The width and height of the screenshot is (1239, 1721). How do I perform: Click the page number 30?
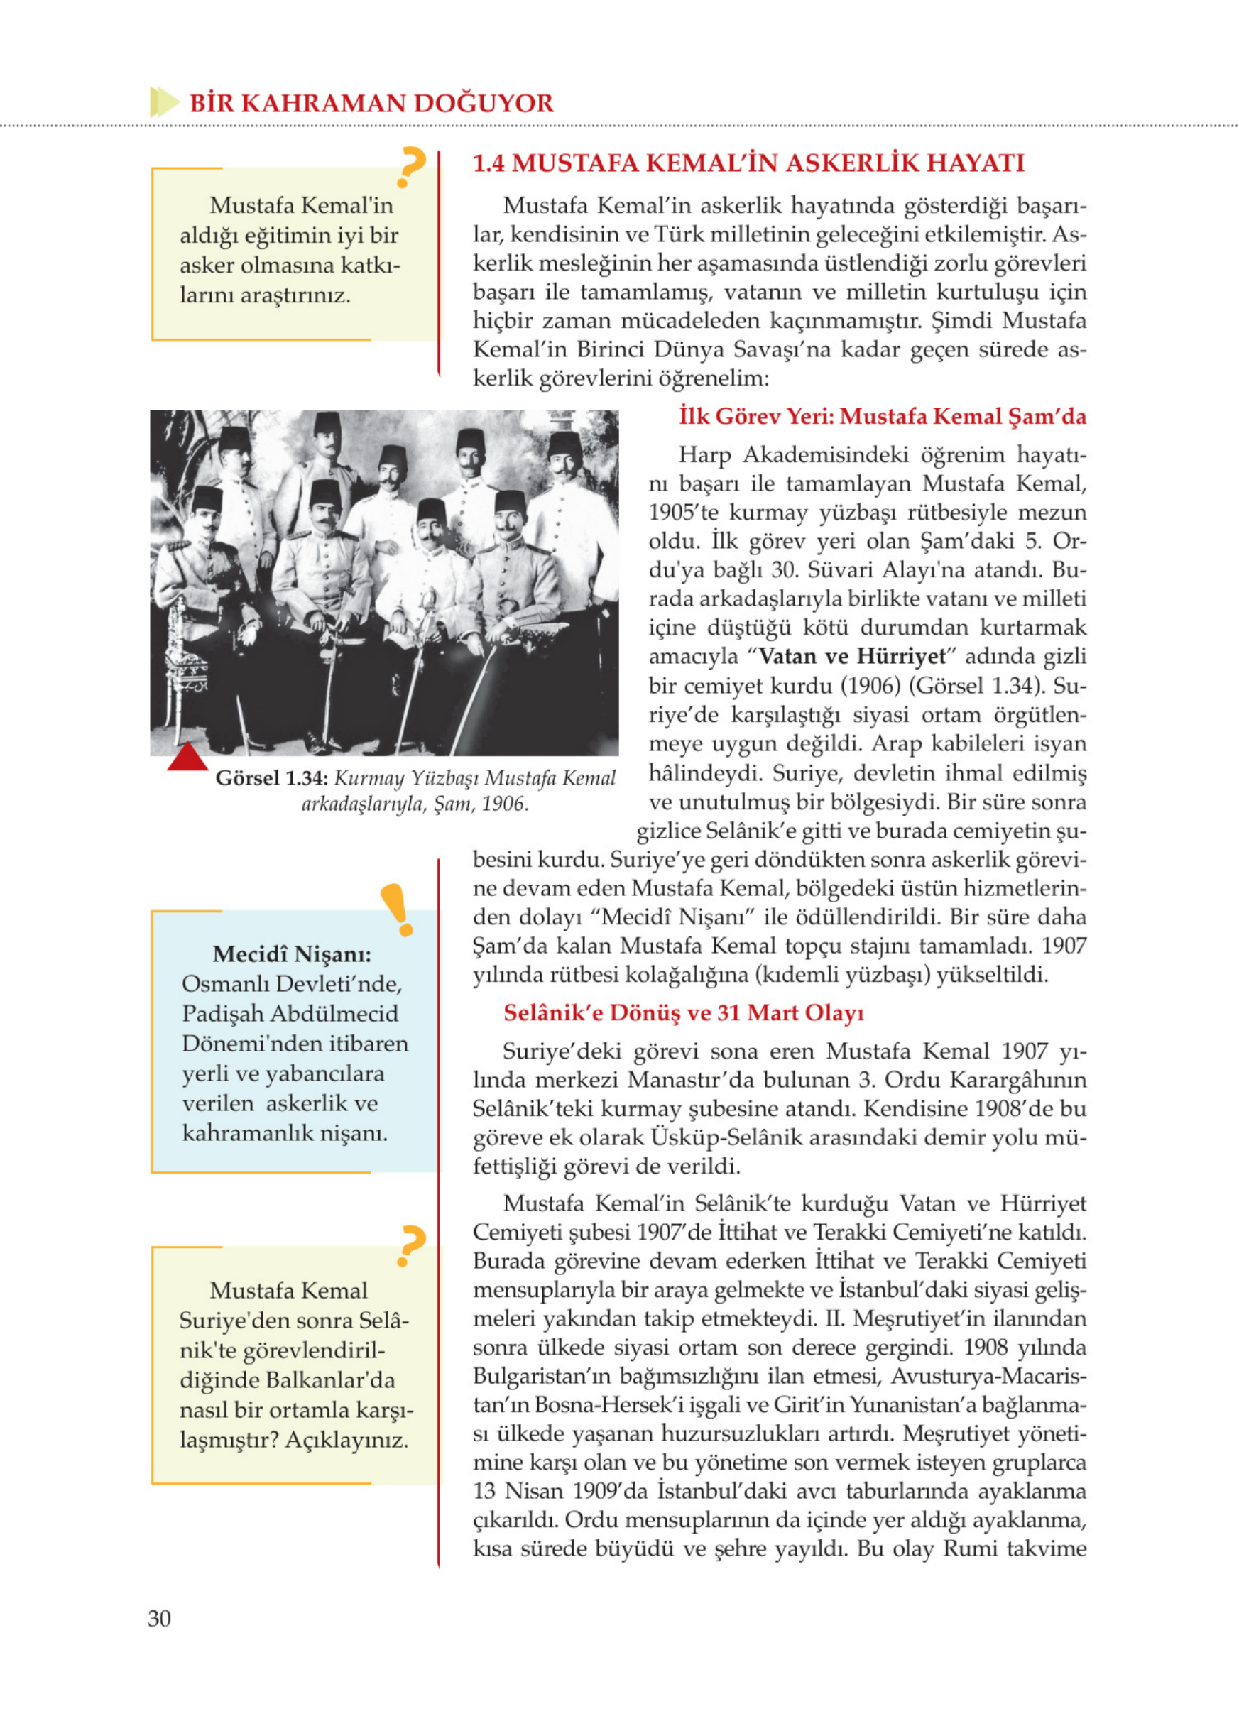[159, 1618]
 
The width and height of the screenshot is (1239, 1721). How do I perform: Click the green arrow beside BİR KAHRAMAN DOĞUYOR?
[164, 102]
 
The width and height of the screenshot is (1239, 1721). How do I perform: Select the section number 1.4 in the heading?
[488, 163]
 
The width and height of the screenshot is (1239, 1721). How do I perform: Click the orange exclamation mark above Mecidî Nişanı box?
[397, 909]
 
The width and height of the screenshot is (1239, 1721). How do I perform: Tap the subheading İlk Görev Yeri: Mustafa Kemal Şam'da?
[882, 417]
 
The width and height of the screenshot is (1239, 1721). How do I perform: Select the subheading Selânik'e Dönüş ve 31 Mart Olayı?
[684, 1013]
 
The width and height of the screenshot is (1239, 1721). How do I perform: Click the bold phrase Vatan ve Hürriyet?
[852, 656]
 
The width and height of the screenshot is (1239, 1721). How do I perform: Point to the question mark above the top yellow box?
[410, 166]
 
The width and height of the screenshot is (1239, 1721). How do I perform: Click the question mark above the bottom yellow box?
[410, 1246]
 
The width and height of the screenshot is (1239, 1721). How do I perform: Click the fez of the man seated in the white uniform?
[430, 511]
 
